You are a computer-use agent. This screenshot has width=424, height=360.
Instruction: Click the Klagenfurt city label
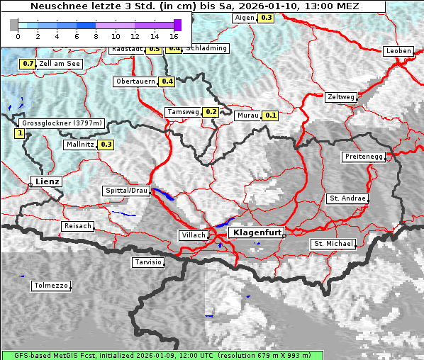click(258, 232)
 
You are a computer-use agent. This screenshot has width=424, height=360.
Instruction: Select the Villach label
click(193, 235)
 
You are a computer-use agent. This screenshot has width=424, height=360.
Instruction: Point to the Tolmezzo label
click(50, 286)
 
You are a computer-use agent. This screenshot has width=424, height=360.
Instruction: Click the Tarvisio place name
click(148, 262)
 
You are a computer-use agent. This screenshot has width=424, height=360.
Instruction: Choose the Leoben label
click(398, 51)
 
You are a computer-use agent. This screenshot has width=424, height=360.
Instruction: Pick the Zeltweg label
click(340, 97)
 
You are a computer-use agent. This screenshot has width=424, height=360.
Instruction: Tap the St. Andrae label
click(347, 198)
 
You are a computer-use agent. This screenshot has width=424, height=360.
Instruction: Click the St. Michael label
click(333, 244)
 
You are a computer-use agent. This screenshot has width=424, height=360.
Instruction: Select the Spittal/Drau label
click(126, 191)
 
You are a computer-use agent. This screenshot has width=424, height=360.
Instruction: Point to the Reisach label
click(78, 226)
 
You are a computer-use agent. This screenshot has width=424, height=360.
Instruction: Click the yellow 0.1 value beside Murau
click(270, 115)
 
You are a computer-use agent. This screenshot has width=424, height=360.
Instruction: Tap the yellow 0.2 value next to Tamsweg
click(211, 112)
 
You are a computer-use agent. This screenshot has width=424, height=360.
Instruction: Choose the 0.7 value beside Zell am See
click(28, 64)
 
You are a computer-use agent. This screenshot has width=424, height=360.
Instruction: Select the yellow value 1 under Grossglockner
click(19, 133)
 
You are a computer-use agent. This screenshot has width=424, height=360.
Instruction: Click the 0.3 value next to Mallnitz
click(106, 145)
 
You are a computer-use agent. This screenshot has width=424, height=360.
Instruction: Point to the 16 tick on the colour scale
click(174, 35)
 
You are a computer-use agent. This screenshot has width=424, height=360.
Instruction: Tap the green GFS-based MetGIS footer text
click(161, 355)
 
